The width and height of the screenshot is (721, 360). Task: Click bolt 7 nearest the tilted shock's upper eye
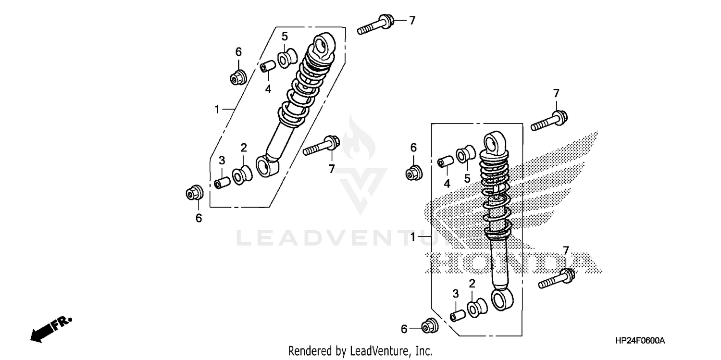[x=375, y=25]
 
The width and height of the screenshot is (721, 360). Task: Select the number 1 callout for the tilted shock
[x=217, y=110]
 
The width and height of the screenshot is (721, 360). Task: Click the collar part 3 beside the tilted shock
[x=222, y=184]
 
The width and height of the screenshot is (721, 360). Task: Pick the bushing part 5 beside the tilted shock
[x=288, y=59]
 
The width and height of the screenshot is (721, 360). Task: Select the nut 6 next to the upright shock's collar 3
[x=428, y=326]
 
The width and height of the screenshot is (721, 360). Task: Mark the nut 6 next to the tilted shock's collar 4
[x=238, y=76]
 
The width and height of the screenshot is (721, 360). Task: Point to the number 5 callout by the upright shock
[x=466, y=179]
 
